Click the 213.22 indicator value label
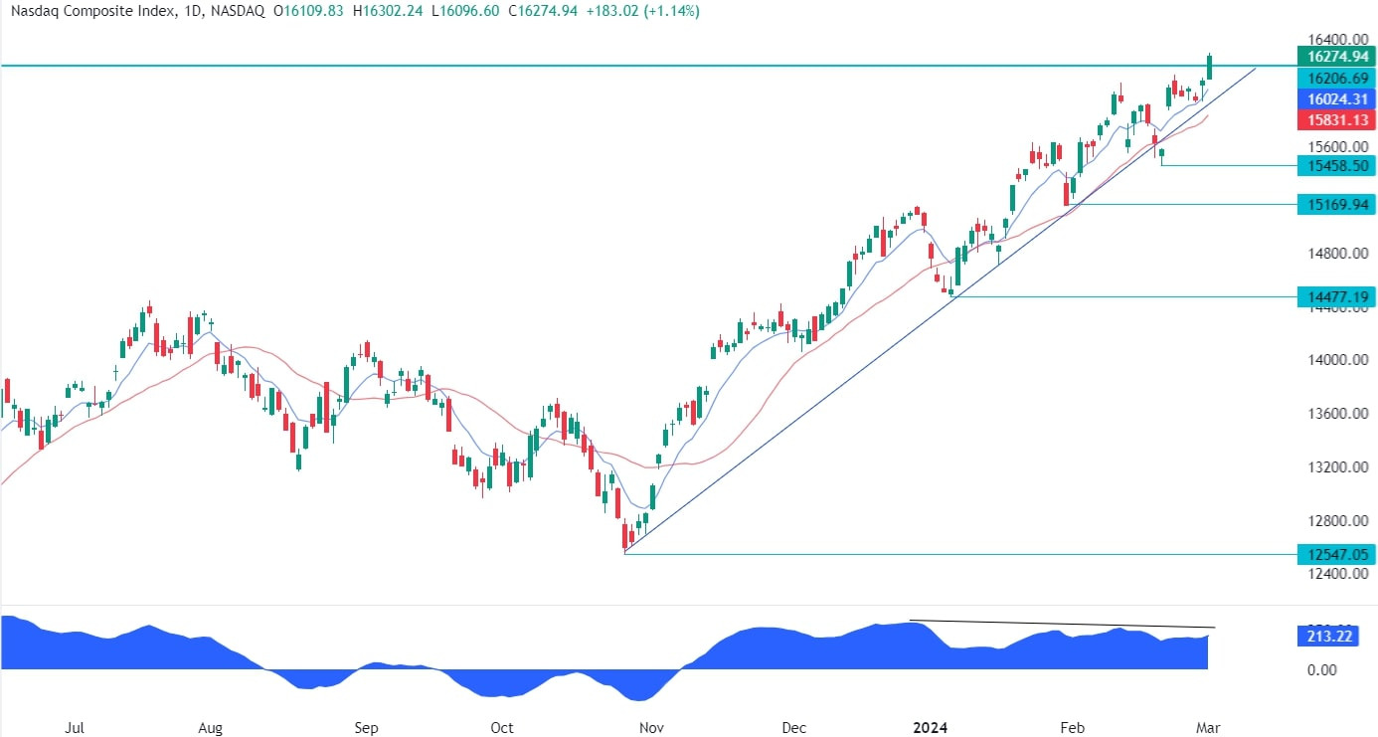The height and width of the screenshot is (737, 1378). [1329, 636]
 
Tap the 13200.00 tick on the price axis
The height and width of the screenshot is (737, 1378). [1338, 466]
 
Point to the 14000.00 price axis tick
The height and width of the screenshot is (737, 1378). [1338, 360]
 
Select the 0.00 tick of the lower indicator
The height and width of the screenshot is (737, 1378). [1322, 670]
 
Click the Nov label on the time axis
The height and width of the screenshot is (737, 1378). [651, 728]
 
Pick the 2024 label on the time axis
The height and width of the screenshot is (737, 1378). [931, 728]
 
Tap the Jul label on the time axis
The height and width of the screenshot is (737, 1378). [75, 728]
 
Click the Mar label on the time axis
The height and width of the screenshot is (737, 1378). [1208, 728]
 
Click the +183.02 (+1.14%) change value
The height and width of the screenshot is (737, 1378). [643, 11]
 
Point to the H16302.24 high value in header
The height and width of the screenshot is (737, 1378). [388, 11]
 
